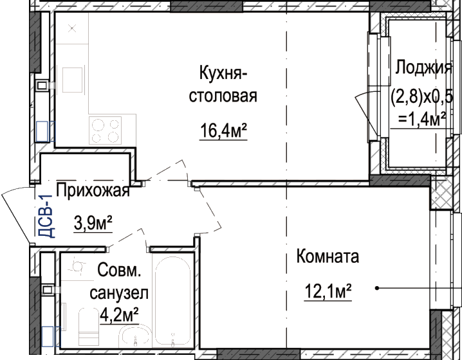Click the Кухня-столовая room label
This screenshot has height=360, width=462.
pyautogui.click(x=223, y=84)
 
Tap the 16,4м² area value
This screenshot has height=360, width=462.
pyautogui.click(x=223, y=130)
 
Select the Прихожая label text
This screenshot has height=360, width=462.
pyautogui.click(x=93, y=190)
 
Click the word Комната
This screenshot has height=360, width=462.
pyautogui.click(x=328, y=256)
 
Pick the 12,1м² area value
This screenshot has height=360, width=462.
pyautogui.click(x=328, y=291)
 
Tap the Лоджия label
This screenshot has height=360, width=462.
pyautogui.click(x=423, y=67)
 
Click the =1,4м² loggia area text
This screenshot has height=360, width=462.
pyautogui.click(x=421, y=119)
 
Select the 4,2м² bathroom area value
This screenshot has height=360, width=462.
pyautogui.click(x=119, y=315)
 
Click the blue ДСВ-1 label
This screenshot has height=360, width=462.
pyautogui.click(x=46, y=216)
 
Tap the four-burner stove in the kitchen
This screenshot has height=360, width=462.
pyautogui.click(x=105, y=130)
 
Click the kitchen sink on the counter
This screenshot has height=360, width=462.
pyautogui.click(x=72, y=80)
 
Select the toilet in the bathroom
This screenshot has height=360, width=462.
pyautogui.click(x=89, y=327)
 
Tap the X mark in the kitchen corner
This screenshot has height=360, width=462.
pyautogui.click(x=73, y=28)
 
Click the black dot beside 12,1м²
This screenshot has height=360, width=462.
pyautogui.click(x=377, y=288)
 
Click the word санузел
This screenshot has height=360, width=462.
pyautogui.click(x=119, y=293)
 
